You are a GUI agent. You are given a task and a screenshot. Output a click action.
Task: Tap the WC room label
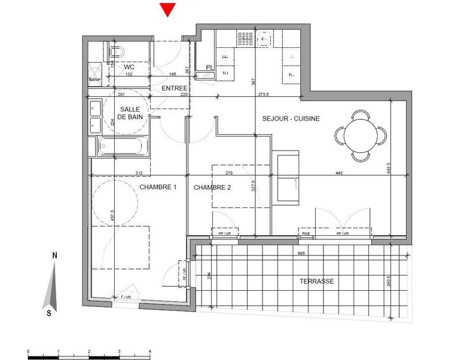pyautogui.click(x=129, y=67)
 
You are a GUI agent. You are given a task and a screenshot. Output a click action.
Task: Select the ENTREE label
pyautogui.click(x=174, y=88)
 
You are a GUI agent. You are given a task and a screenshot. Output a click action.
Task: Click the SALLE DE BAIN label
pyautogui.click(x=130, y=113)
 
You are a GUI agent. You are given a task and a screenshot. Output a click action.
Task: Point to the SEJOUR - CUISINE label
pyautogui.click(x=291, y=118)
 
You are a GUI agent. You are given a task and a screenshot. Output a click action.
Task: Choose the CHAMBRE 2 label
pyautogui.click(x=212, y=187)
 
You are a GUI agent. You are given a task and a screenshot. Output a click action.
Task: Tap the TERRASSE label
pyautogui.click(x=316, y=281)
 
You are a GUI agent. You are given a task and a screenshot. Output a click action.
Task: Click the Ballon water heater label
pyautogui.click(x=95, y=79)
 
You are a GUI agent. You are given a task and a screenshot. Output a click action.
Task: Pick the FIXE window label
pyautogui.click(x=306, y=233)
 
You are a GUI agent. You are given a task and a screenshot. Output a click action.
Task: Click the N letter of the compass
pyautogui.click(x=54, y=255)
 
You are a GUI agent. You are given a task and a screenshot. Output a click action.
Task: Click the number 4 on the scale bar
pyautogui.click(x=151, y=351)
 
